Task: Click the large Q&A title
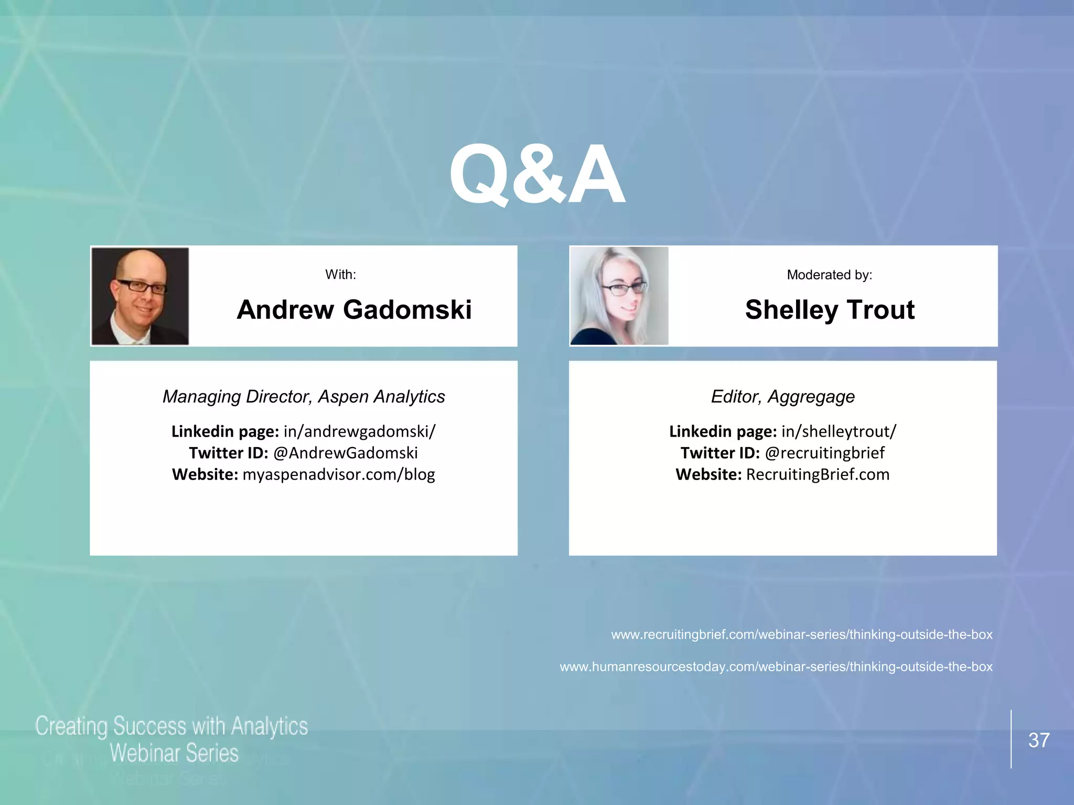click(x=537, y=175)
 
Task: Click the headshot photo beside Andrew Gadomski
click(x=140, y=296)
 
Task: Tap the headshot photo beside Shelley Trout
click(x=619, y=296)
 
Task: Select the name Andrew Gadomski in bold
click(x=354, y=310)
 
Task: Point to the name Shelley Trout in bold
click(x=830, y=310)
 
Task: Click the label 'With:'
click(x=340, y=275)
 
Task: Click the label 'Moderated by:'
click(x=829, y=275)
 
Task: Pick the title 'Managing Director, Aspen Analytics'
click(x=304, y=397)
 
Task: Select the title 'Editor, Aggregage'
click(x=782, y=397)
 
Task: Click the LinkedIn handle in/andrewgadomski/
click(x=359, y=431)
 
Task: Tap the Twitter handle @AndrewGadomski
click(x=345, y=453)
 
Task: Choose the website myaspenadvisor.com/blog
click(x=339, y=474)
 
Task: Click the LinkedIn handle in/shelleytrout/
click(x=839, y=431)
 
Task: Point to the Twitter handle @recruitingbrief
click(x=824, y=453)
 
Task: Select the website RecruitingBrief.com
click(x=818, y=474)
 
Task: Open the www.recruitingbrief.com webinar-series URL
click(x=801, y=635)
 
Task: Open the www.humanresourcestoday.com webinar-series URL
click(x=776, y=667)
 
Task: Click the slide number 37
click(x=1038, y=740)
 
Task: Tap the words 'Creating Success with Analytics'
click(x=171, y=726)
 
